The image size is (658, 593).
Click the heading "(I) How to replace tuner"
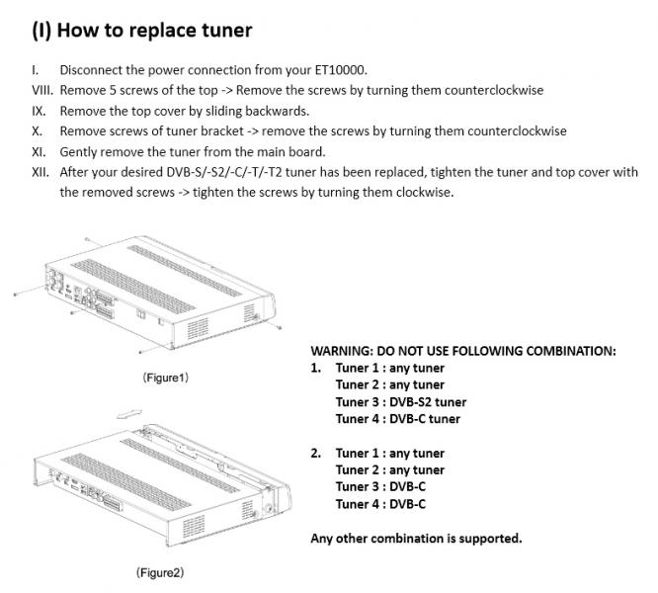point(141,30)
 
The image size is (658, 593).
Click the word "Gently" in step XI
point(80,151)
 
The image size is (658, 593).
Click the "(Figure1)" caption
point(165,378)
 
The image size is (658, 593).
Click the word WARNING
point(340,351)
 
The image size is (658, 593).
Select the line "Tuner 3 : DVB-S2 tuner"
point(400,402)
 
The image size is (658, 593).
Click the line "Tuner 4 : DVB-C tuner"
point(397,419)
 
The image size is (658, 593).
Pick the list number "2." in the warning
point(316,454)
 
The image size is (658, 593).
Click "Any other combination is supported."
point(416,539)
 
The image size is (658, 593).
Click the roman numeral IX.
point(40,111)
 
